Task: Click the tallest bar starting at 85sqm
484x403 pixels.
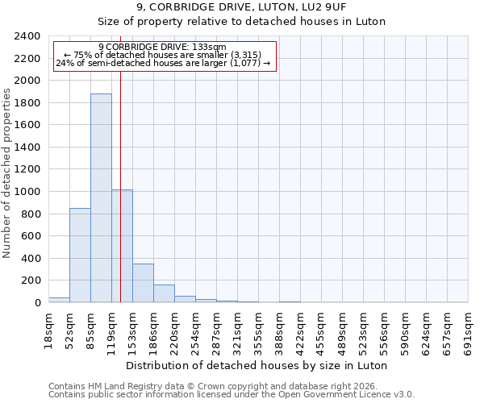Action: point(101,198)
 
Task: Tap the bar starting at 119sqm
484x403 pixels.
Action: point(122,246)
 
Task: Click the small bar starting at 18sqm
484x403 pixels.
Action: point(59,300)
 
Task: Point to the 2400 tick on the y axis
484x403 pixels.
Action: point(27,36)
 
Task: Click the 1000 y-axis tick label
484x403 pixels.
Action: point(27,192)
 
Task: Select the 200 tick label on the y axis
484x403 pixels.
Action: point(31,280)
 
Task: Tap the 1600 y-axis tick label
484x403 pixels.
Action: point(27,125)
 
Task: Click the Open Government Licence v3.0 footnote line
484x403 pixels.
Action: point(232,395)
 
